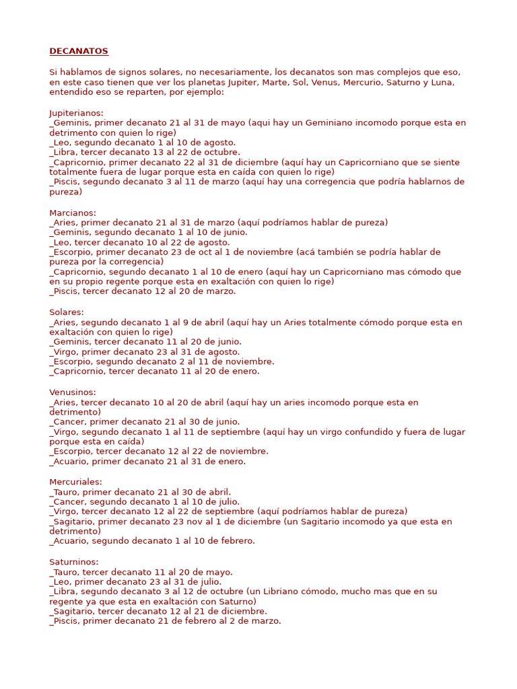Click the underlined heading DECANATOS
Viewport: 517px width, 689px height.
[x=79, y=52]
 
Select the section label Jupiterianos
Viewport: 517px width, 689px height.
[x=76, y=113]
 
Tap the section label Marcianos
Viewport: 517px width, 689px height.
[x=72, y=213]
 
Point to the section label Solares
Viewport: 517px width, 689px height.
[x=66, y=312]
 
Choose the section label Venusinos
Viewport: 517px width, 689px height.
[x=72, y=392]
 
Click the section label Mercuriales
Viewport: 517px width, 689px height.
[x=75, y=482]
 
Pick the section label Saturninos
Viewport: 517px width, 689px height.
[x=73, y=562]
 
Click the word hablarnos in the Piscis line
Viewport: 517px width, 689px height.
[x=432, y=182]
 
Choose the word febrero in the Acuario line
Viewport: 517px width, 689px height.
[x=237, y=541]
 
